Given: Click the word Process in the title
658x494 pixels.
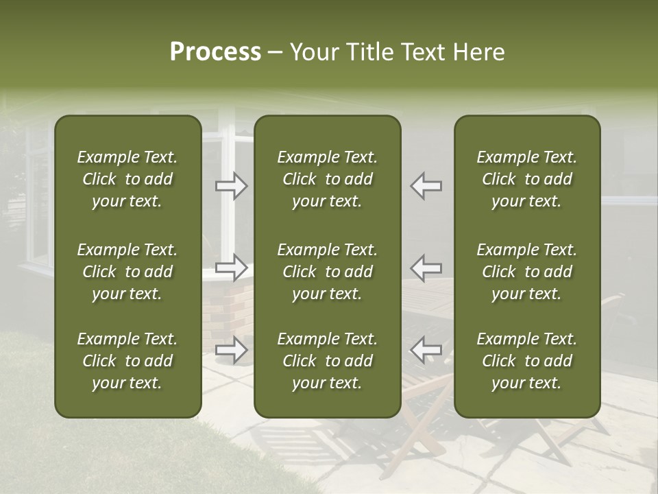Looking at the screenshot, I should pyautogui.click(x=215, y=52).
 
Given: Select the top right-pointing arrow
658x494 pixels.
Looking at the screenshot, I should pyautogui.click(x=232, y=186).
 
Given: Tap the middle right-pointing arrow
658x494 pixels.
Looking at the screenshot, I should pyautogui.click(x=232, y=268).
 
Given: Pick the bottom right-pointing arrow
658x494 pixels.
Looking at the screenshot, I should pyautogui.click(x=232, y=350).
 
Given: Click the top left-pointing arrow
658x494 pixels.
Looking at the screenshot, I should pyautogui.click(x=426, y=186).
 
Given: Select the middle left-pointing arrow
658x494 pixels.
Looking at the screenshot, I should pyautogui.click(x=426, y=268).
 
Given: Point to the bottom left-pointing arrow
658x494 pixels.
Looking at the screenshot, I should pyautogui.click(x=426, y=350).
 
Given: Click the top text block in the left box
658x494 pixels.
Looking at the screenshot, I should pyautogui.click(x=127, y=179).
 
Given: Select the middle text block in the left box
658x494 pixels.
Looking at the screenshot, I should pyautogui.click(x=127, y=272).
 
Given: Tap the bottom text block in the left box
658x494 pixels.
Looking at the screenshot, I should pyautogui.click(x=127, y=361).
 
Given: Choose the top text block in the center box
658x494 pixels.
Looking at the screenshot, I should pyautogui.click(x=327, y=179).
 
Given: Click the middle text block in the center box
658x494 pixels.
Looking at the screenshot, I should pyautogui.click(x=327, y=272).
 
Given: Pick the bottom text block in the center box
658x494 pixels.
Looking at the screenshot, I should pyautogui.click(x=327, y=361).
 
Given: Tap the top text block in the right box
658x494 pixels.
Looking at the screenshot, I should pyautogui.click(x=526, y=179).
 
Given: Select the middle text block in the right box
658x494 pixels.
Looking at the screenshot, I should pyautogui.click(x=526, y=272).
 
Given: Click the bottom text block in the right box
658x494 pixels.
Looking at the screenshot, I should pyautogui.click(x=526, y=361).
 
